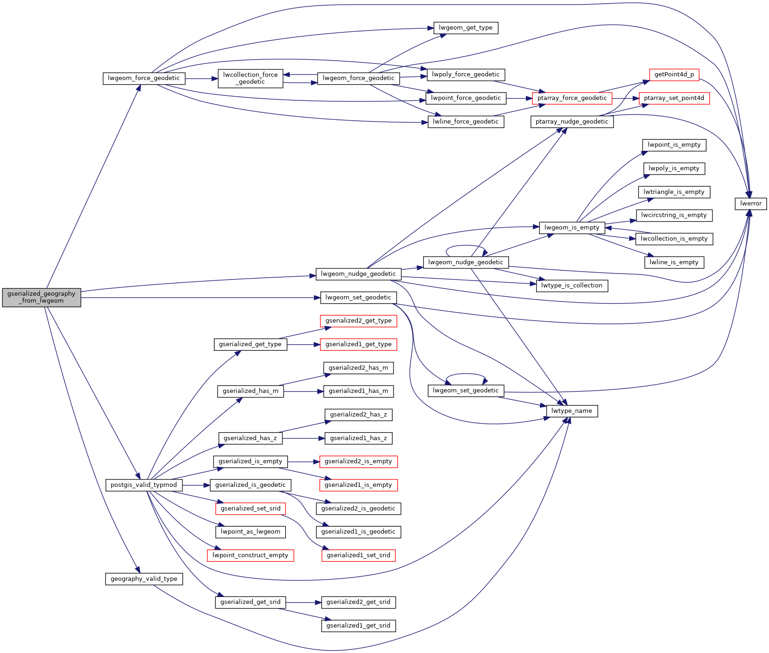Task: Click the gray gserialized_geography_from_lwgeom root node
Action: [x=42, y=297]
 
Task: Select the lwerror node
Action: [x=750, y=204]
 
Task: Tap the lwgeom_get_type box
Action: [x=465, y=28]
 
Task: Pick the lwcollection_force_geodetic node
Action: [x=250, y=78]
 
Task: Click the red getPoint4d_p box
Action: [x=674, y=75]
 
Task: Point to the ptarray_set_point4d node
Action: [x=674, y=98]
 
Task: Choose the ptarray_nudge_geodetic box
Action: [x=572, y=122]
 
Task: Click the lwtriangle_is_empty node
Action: [x=674, y=192]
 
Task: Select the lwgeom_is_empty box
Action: [x=572, y=228]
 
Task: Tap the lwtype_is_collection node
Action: [x=572, y=286]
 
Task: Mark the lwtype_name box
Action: [x=572, y=411]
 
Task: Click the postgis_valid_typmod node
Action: [x=144, y=485]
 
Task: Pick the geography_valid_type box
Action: [x=144, y=579]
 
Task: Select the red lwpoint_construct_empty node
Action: [x=250, y=555]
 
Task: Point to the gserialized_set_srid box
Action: [x=250, y=509]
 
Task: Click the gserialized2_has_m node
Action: [x=358, y=368]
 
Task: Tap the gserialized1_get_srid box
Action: [x=358, y=626]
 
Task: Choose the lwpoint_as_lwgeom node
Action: [x=250, y=532]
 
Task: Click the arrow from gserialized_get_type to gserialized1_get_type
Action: [x=304, y=345]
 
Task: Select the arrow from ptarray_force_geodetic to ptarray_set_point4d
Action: [x=625, y=99]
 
